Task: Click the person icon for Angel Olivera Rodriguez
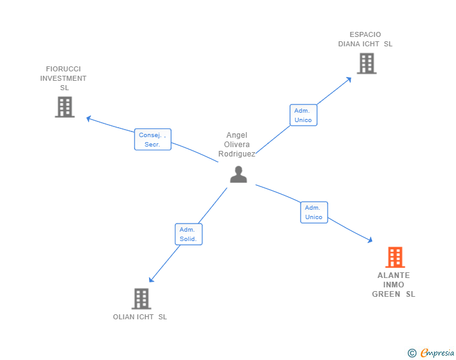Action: [x=238, y=175]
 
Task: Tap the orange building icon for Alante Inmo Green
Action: [x=395, y=257]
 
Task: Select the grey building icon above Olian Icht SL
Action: [x=142, y=299]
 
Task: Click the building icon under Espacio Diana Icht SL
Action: [x=366, y=63]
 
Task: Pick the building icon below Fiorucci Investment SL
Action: [x=65, y=107]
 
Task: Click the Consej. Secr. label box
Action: [x=152, y=140]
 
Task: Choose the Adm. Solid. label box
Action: [x=188, y=234]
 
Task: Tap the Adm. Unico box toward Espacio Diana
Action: [x=303, y=115]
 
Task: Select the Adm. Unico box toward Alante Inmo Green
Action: [x=314, y=212]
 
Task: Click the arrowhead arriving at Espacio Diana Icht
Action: [x=349, y=79]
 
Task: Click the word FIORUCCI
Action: [x=63, y=69]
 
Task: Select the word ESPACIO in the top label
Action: [x=365, y=34]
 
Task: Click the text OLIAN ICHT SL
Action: [x=140, y=317]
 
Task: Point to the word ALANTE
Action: [x=393, y=275]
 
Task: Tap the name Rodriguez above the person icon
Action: [x=237, y=154]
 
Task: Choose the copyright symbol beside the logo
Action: [x=412, y=353]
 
